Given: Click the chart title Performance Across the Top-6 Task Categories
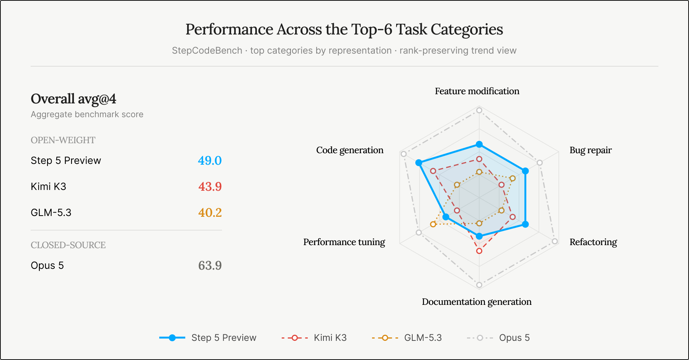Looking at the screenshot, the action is click(x=344, y=29).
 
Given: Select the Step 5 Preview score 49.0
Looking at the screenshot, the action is click(x=210, y=160).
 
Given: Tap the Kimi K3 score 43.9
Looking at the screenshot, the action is click(x=210, y=187).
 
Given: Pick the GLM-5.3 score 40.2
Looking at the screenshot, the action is click(x=210, y=213).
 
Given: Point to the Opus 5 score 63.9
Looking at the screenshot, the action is click(x=210, y=265).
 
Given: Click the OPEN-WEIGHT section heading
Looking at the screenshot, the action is click(x=63, y=140).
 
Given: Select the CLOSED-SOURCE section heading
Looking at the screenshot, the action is click(x=68, y=245).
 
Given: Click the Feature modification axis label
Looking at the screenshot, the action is click(x=477, y=91).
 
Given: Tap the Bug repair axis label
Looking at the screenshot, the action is click(x=591, y=150).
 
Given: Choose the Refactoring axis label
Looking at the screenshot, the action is click(x=593, y=242).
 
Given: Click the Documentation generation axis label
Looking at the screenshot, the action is click(x=477, y=302).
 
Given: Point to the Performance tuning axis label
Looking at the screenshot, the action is click(x=344, y=242).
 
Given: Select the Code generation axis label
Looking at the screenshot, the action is click(x=350, y=150).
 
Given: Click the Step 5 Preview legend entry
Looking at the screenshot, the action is click(x=208, y=338).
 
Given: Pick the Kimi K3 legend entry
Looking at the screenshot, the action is click(x=314, y=338).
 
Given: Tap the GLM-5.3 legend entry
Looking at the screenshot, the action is click(x=407, y=338).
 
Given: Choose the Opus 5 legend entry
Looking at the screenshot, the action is click(x=498, y=338).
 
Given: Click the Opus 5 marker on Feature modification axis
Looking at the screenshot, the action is click(x=479, y=111).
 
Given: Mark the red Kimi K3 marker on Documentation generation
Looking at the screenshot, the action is click(x=479, y=251).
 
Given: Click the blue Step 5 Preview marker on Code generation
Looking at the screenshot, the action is click(x=419, y=163).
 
